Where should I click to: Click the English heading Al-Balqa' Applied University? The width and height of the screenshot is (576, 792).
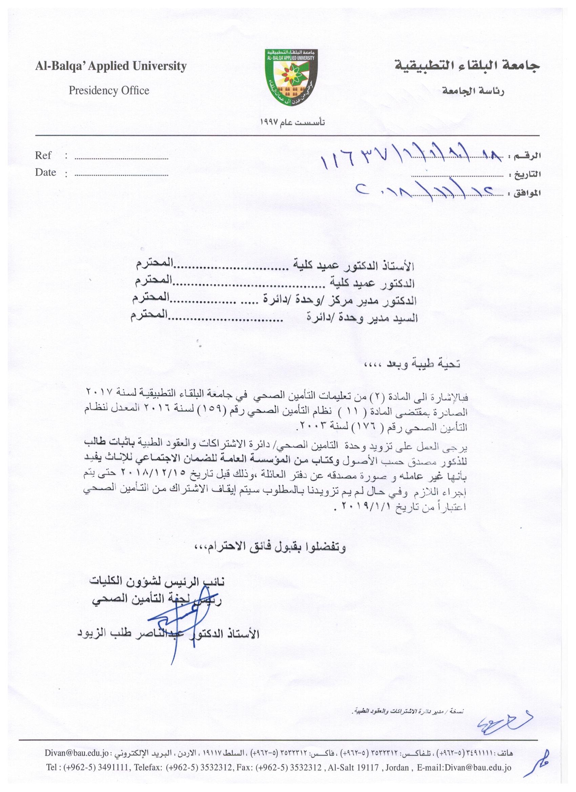pyautogui.click(x=111, y=66)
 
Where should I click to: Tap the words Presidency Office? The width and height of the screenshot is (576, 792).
pyautogui.click(x=109, y=91)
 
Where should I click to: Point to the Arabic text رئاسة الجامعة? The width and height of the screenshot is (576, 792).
pyautogui.click(x=473, y=91)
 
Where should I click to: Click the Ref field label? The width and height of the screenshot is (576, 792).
pyautogui.click(x=43, y=155)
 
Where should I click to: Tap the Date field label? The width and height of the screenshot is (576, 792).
pyautogui.click(x=45, y=172)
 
